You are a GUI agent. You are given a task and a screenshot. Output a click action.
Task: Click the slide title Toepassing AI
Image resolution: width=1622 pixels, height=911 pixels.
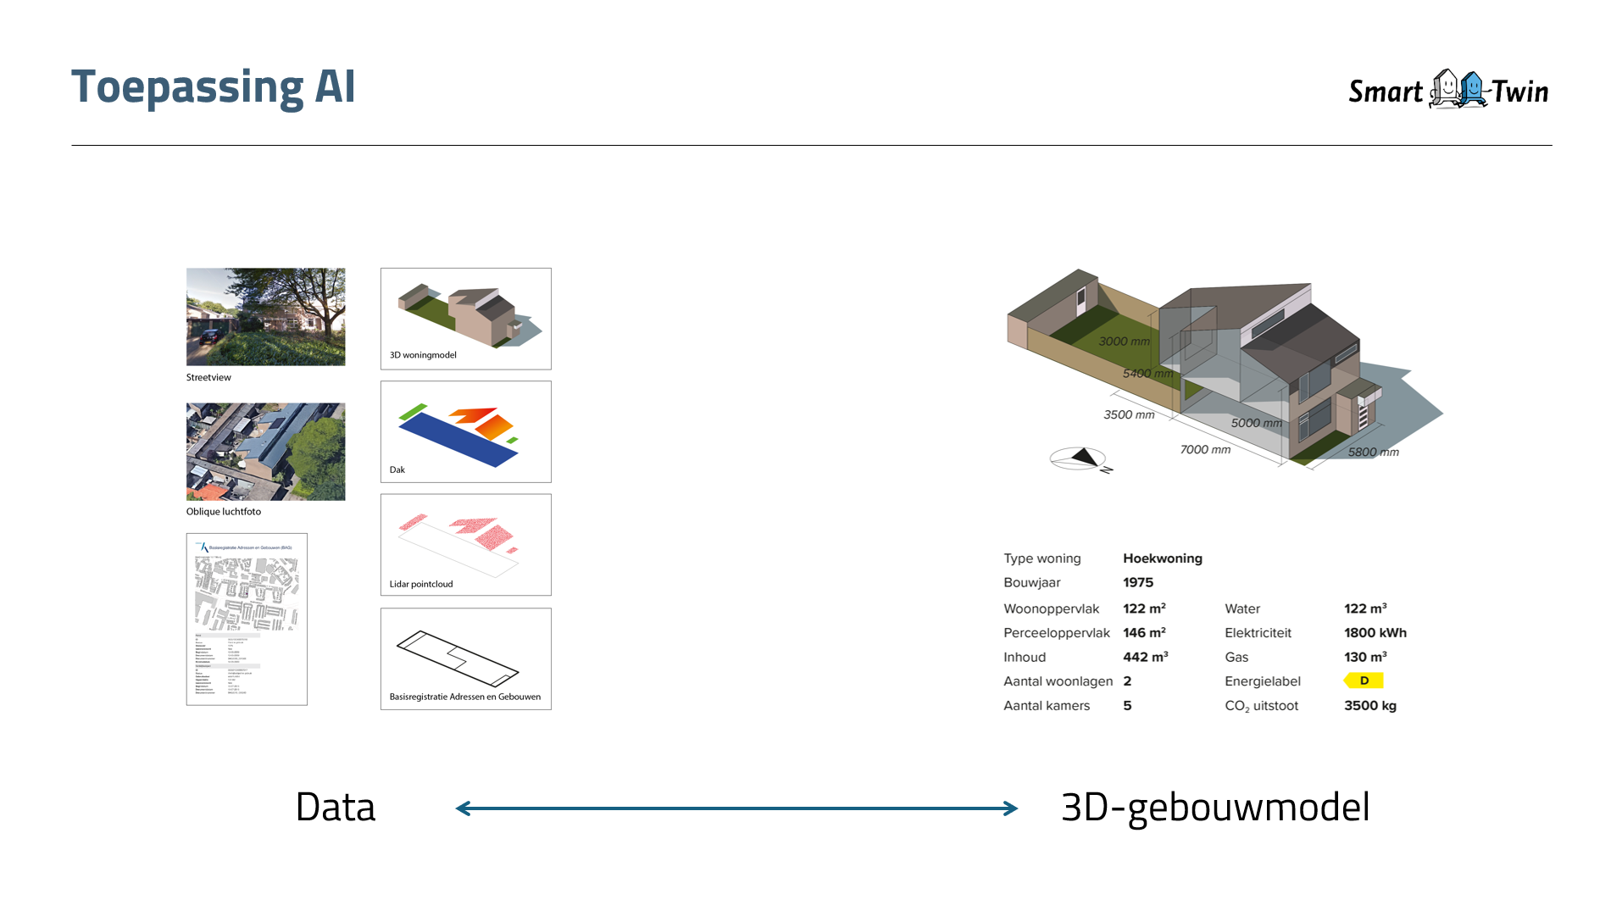point(213,87)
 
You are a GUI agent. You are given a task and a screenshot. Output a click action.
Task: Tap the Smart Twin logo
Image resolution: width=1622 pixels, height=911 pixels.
point(1447,90)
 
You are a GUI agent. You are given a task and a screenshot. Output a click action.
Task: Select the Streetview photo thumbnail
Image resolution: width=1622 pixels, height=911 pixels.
point(265,317)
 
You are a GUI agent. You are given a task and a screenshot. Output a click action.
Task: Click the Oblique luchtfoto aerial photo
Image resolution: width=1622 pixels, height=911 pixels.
point(265,451)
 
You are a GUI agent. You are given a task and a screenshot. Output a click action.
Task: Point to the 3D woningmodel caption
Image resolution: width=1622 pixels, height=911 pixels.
point(423,355)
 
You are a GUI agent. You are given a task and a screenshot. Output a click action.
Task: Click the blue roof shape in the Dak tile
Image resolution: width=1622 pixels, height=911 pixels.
point(458,440)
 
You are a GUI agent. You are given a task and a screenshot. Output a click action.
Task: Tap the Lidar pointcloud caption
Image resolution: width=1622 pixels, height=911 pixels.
point(421,584)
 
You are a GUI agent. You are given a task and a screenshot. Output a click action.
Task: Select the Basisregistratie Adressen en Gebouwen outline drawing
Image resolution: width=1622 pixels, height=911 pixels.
point(457,658)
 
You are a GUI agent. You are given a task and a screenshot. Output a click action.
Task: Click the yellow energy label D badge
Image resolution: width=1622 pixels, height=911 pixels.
point(1364,680)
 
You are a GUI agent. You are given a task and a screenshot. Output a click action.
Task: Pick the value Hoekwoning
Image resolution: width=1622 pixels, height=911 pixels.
point(1162,558)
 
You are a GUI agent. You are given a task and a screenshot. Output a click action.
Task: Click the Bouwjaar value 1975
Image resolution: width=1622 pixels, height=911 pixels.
point(1138,582)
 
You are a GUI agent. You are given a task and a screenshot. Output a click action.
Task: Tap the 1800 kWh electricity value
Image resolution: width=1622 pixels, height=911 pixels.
point(1375,632)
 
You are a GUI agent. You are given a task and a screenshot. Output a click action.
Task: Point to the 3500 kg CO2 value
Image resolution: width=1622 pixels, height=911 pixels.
point(1369,705)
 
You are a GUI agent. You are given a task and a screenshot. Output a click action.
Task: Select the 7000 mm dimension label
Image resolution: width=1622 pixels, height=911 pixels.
point(1205,449)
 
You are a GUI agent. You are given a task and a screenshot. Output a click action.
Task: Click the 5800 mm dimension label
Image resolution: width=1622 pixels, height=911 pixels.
point(1373,452)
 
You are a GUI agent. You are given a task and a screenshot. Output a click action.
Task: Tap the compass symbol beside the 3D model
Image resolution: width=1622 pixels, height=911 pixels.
point(1080,458)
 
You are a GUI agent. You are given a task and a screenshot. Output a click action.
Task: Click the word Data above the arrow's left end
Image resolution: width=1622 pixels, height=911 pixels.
point(335,807)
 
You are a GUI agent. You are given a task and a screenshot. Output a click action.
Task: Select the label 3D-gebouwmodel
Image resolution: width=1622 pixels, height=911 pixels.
point(1214,807)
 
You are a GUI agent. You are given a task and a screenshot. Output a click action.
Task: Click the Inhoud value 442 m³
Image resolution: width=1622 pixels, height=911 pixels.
point(1145,657)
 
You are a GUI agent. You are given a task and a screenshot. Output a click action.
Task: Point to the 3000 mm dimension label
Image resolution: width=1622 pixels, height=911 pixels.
point(1124,342)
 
